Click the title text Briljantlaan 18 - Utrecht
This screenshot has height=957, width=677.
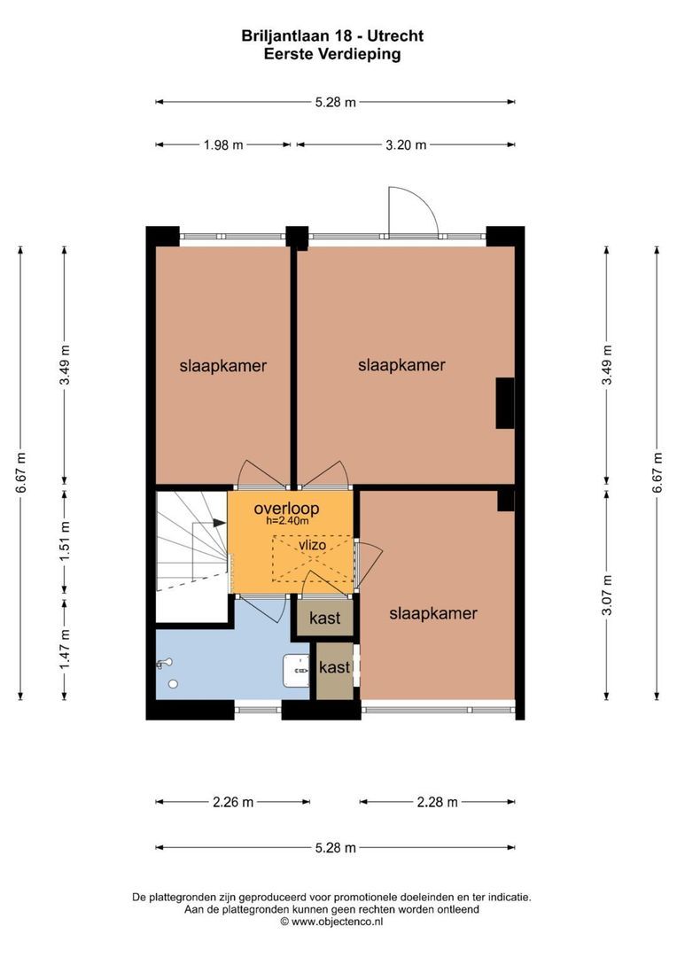pos(332,36)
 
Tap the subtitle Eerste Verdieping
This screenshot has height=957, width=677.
pos(332,54)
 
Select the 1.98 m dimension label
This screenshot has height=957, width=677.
pos(222,145)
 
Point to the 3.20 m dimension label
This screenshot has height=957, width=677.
pos(405,145)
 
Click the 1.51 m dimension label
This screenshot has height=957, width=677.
pos(64,541)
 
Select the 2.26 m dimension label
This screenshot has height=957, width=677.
pos(232,802)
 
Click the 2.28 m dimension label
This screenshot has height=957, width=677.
pos(437,802)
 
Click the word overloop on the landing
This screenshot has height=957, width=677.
pos(286,509)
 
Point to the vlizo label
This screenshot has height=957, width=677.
pos(314,546)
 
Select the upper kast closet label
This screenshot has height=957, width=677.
pos(324,619)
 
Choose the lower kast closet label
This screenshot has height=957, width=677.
pos(334,667)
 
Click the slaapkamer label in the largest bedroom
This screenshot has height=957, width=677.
pos(401,365)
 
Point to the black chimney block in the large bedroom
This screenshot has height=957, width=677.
pos(504,402)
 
